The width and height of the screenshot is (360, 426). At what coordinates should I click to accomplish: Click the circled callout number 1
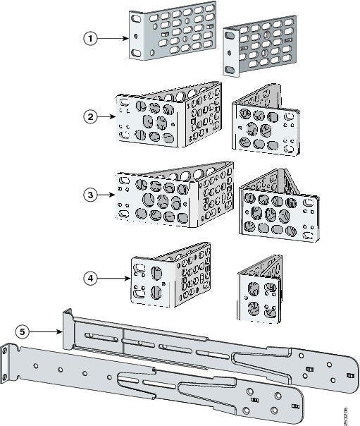coord(90,39)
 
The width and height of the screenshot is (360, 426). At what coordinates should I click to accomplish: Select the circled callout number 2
coord(90,116)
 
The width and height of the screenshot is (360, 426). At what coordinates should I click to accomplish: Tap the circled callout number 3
coord(90,193)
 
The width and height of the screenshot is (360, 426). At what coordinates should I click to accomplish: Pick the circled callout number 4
coord(90,278)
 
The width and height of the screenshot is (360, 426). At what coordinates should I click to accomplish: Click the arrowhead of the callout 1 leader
coord(128,39)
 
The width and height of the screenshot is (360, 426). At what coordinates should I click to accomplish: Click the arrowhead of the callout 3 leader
coord(115,193)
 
